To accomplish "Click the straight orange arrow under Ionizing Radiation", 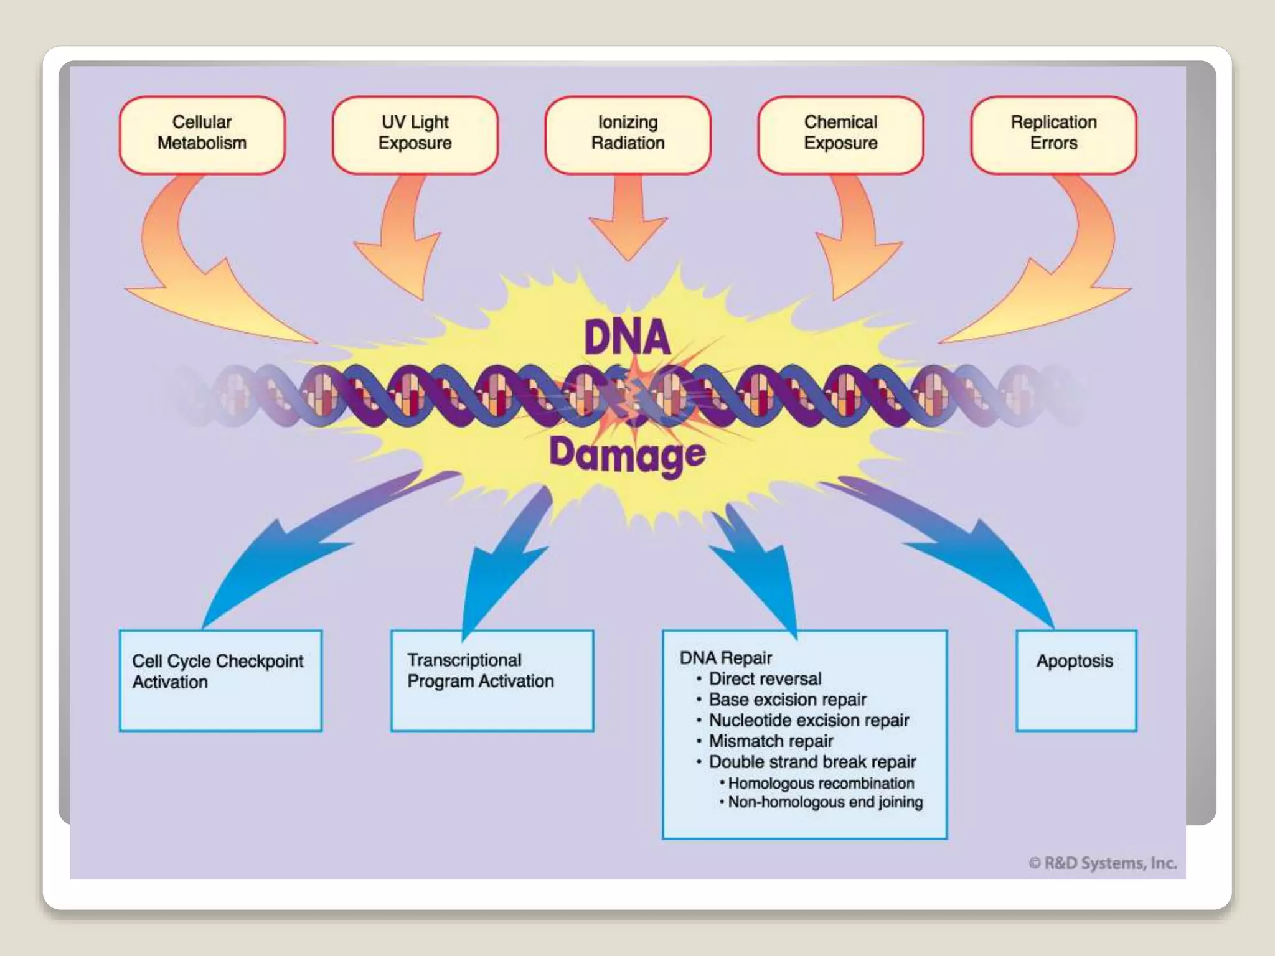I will (x=628, y=218).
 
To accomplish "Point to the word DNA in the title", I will (x=627, y=338).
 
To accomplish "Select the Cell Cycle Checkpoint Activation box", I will (x=220, y=680).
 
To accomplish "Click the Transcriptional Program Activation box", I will (x=492, y=680).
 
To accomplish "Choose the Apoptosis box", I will (x=1076, y=680).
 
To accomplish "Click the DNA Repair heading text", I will (x=726, y=658).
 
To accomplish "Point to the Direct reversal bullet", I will (x=765, y=678).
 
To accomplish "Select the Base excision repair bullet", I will (x=787, y=700).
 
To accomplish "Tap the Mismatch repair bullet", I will (x=771, y=741).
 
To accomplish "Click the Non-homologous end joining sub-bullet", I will (x=825, y=802).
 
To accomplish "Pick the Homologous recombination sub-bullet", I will (x=821, y=783).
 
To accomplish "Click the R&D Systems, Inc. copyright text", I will (x=1102, y=863).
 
